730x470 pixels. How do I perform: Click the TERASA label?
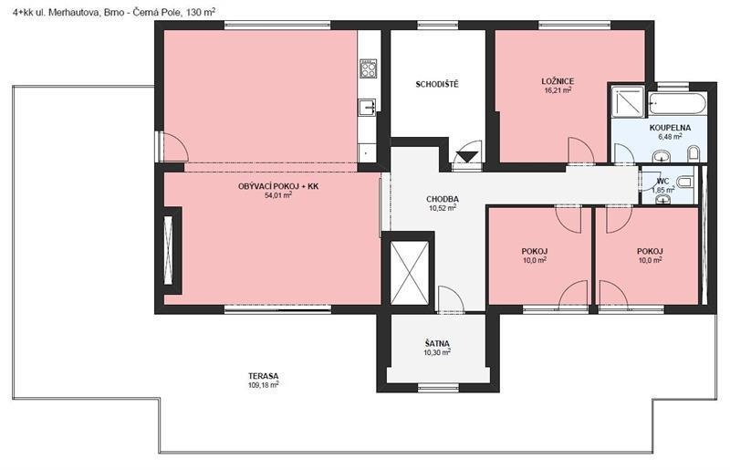point(262,376)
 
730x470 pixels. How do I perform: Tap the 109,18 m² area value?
point(262,386)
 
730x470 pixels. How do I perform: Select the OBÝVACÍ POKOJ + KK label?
point(278,185)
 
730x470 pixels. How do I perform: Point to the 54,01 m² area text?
point(278,195)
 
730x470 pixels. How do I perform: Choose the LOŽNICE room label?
point(556,81)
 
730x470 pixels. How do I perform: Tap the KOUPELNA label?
point(670,128)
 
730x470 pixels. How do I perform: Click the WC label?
point(662,180)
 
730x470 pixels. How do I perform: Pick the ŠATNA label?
point(437,343)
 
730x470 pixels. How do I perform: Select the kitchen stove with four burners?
point(369,68)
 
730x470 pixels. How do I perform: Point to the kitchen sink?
point(369,107)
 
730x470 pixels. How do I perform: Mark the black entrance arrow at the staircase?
point(466,157)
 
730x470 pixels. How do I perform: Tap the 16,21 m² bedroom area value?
point(556,91)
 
